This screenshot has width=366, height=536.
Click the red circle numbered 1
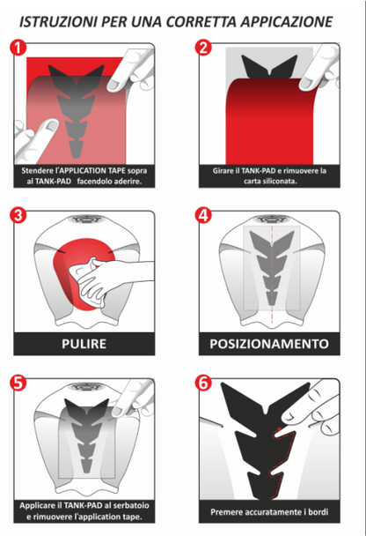pos(18,48)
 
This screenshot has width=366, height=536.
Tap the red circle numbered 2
pos(203,48)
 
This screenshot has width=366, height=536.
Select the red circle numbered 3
pos(18,216)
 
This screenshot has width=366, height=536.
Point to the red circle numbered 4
pos(203,216)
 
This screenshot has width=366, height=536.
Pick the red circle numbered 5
pos(18,383)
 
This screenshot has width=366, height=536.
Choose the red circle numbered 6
pos(203,383)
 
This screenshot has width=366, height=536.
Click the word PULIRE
pos(84,344)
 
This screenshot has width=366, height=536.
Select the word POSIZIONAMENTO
pos(269,344)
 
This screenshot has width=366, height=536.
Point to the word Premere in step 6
pos(224,512)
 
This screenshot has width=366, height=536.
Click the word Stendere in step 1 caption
pos(34,170)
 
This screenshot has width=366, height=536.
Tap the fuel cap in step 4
pos(272,219)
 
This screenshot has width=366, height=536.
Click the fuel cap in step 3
pos(86,219)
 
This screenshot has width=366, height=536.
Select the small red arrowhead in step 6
pos(280,428)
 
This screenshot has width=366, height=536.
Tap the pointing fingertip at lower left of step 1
pos(51,125)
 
